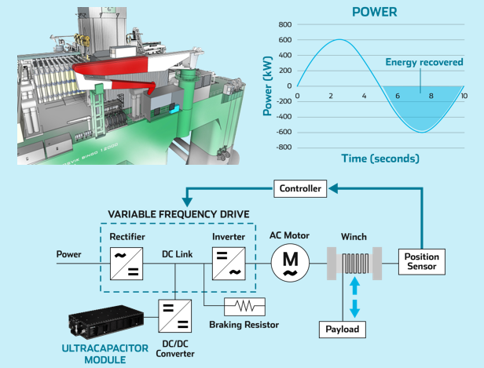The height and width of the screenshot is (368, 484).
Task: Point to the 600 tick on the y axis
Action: [284, 40]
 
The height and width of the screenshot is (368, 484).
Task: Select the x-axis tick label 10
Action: [464, 96]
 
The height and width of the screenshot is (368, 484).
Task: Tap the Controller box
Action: [301, 188]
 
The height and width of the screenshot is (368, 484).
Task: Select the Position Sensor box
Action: [421, 261]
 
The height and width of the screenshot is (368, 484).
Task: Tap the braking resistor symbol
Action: [244, 305]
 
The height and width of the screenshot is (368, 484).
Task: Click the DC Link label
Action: [178, 253]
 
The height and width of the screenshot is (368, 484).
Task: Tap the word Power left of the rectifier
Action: [69, 253]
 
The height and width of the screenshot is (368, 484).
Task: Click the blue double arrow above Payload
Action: [353, 296]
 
